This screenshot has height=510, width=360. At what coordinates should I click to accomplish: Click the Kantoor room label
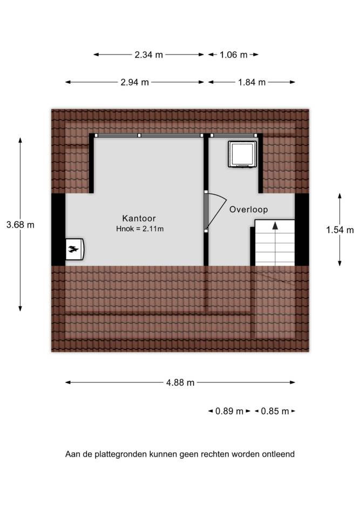(x=139, y=218)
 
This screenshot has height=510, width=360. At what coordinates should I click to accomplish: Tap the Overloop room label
(x=249, y=210)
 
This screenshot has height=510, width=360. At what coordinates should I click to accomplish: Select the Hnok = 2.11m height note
(x=140, y=229)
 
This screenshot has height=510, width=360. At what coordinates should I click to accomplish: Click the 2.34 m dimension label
(x=148, y=55)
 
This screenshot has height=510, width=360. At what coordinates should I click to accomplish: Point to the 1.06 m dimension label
(x=233, y=55)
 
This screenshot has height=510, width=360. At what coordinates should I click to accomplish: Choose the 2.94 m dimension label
(x=134, y=82)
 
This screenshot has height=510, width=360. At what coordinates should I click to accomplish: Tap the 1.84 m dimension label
(x=252, y=82)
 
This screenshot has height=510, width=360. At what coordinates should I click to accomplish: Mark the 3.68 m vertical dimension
(x=20, y=225)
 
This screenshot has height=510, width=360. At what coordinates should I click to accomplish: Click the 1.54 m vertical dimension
(x=340, y=230)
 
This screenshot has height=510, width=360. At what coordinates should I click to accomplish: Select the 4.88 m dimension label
(x=180, y=382)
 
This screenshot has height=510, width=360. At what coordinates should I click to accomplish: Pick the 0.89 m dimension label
(x=229, y=411)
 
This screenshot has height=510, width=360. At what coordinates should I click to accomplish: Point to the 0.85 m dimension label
(x=275, y=411)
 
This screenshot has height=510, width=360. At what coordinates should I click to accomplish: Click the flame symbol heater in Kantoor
(x=75, y=250)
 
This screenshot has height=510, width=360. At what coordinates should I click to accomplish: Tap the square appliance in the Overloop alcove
(x=242, y=154)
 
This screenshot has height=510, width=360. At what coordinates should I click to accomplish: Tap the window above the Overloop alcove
(x=233, y=135)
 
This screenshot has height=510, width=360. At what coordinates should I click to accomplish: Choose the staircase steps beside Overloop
(x=275, y=243)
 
